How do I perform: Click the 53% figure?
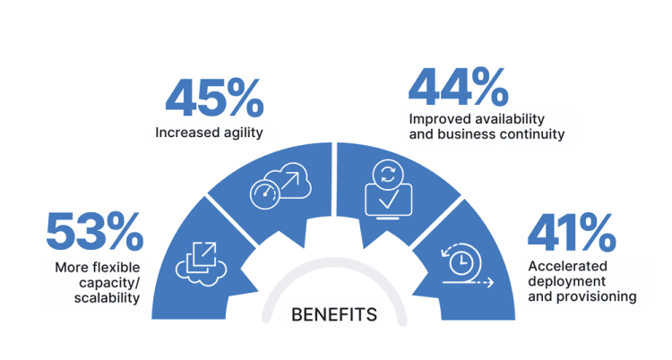(95, 231)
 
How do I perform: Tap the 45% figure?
(214, 99)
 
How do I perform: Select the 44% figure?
(459, 87)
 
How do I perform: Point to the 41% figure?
(572, 233)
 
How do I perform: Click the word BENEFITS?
(334, 315)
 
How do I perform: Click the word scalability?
(107, 298)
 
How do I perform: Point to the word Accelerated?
(567, 266)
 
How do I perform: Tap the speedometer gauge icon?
(265, 194)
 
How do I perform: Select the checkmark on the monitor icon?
(389, 199)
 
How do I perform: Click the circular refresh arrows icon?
(388, 175)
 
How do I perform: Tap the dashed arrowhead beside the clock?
(490, 282)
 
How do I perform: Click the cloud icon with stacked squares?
(201, 264)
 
